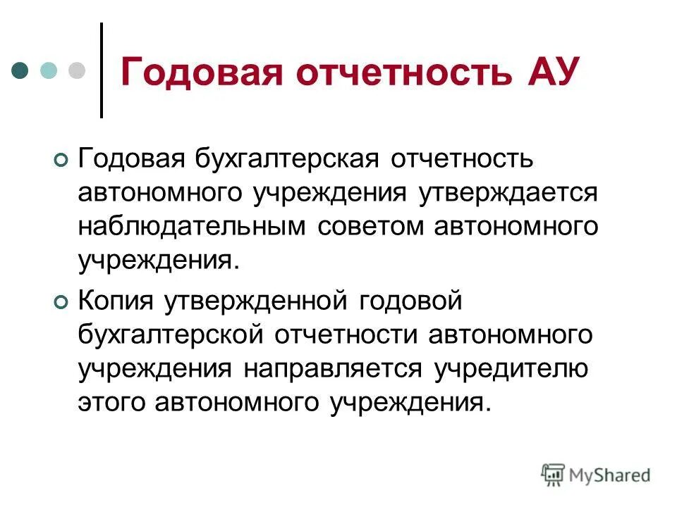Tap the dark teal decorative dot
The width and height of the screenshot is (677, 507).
[x=21, y=70]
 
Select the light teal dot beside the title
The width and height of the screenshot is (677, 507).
[x=49, y=70]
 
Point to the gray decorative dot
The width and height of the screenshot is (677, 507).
[x=75, y=70]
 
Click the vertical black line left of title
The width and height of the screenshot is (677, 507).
[x=102, y=70]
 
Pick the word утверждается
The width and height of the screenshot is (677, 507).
[x=508, y=192]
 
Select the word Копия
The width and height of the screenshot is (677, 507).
[x=117, y=300]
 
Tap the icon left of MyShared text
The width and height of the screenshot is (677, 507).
[x=553, y=475]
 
